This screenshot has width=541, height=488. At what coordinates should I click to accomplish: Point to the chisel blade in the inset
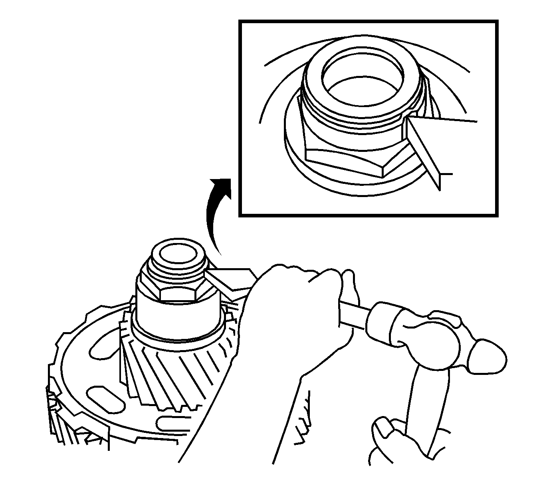pyautogui.click(x=423, y=152)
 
